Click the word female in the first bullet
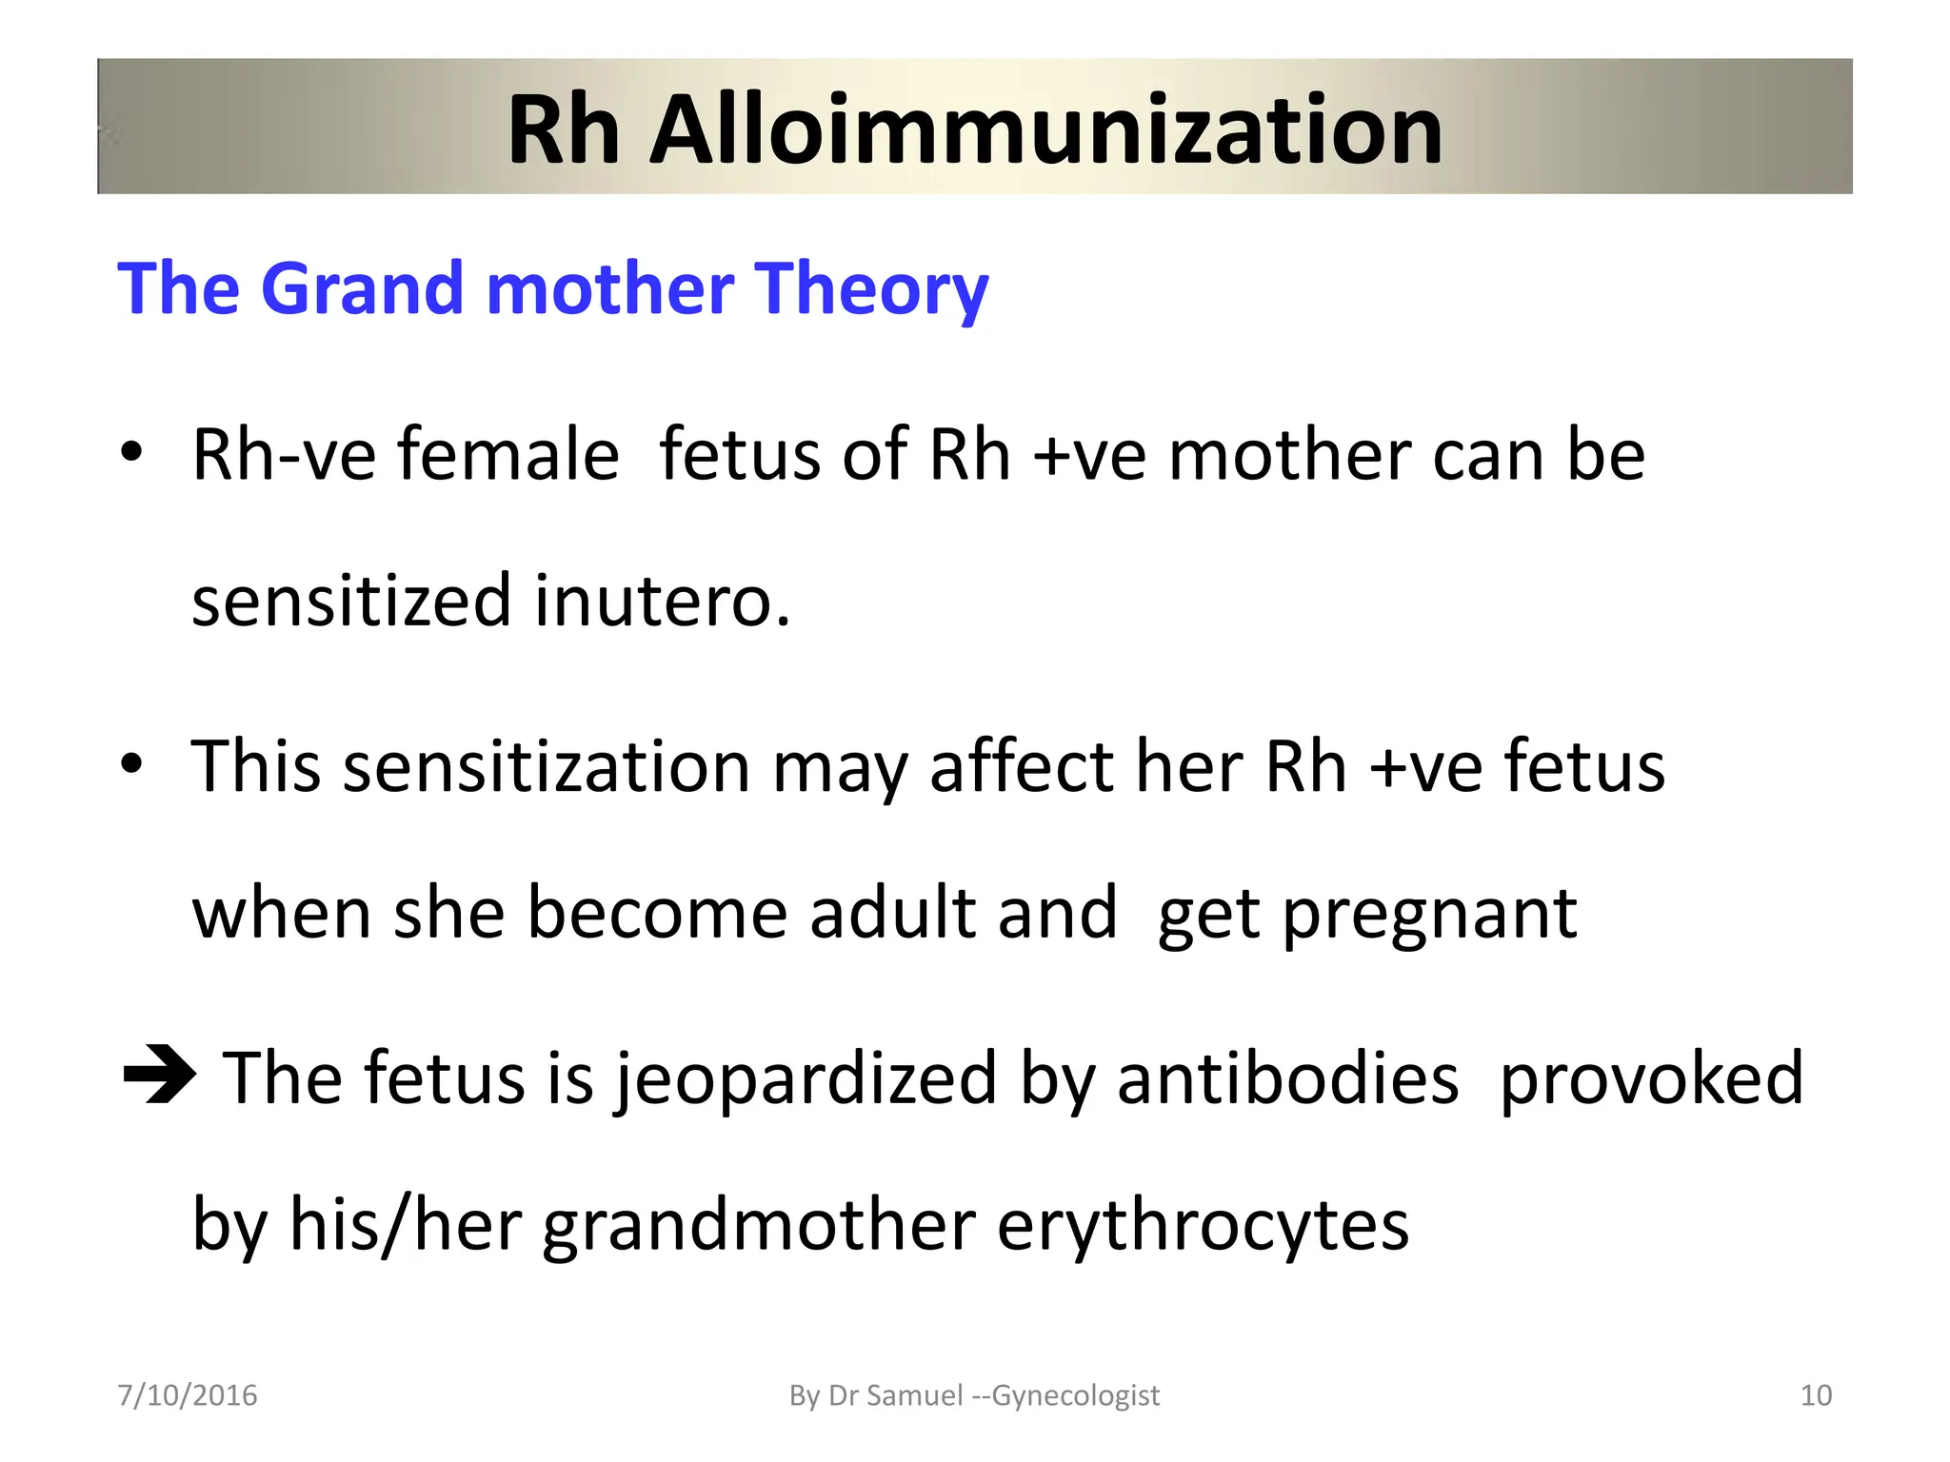508,455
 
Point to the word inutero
662,602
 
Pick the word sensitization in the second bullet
547,766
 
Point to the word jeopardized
805,1080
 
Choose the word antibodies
1287,1078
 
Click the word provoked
1651,1080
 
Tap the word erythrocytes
1203,1226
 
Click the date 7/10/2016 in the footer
188,1395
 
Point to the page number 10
1816,1395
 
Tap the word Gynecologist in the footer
1076,1396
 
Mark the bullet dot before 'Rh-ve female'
131,452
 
